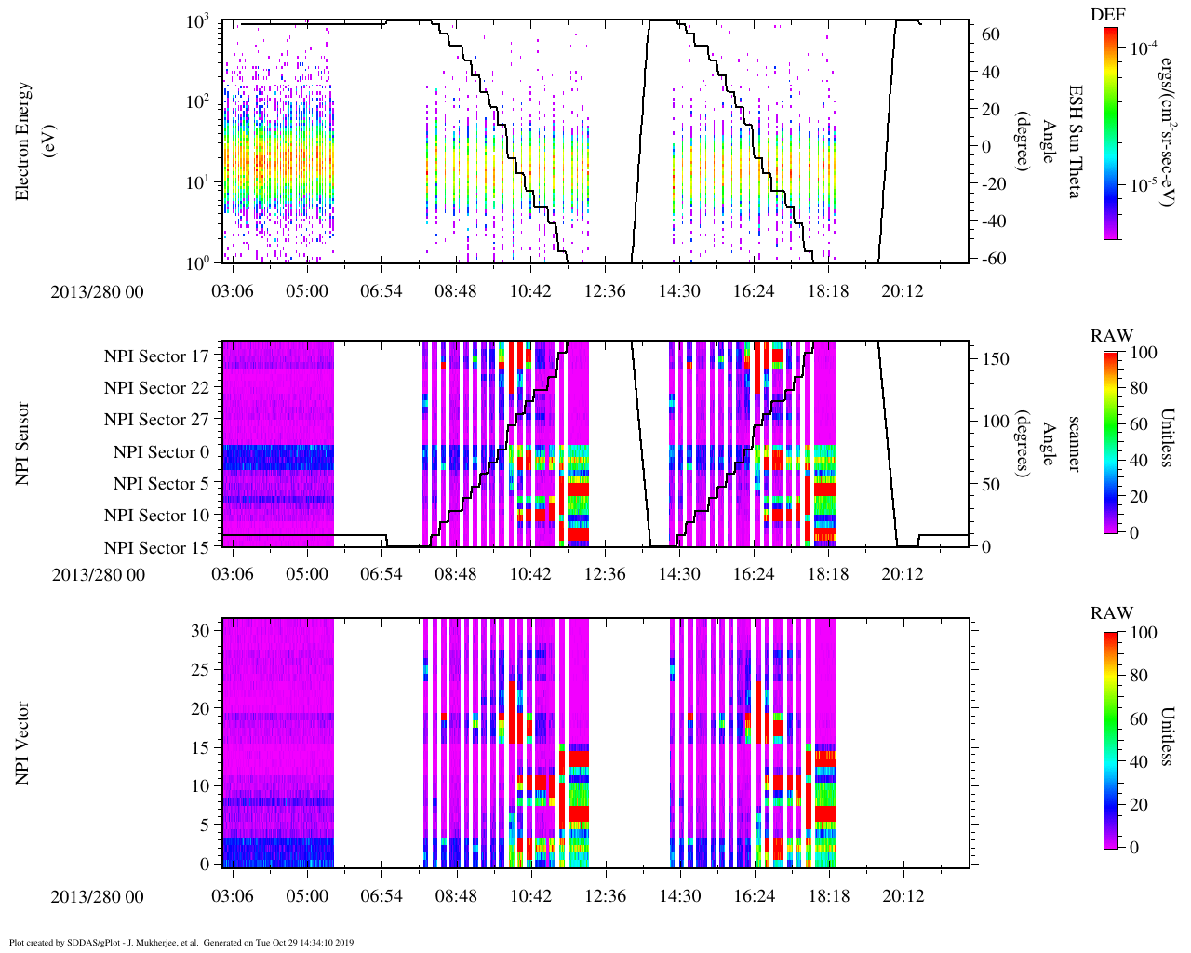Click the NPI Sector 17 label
pos(156,356)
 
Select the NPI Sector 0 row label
pos(161,452)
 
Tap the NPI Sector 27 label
pos(156,420)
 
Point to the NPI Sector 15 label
pos(156,548)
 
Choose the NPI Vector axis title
pos(23,744)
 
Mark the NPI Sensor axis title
pos(23,443)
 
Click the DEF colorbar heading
pos(1108,15)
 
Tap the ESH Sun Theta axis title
pos(1073,141)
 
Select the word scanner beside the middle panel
pos(1073,443)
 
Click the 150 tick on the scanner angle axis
pos(996,359)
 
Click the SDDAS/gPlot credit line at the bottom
pos(181,943)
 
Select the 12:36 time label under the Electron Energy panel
pos(605,291)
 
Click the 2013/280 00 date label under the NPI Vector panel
pos(98,897)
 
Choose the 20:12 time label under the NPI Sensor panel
pos(903,574)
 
